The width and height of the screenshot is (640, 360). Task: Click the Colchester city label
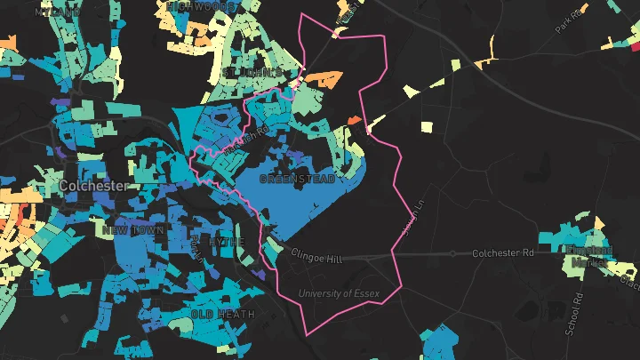(95, 186)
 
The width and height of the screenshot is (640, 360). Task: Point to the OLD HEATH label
(222, 315)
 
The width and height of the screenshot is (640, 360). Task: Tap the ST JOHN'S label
(253, 70)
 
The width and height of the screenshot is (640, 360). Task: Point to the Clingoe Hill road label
(316, 259)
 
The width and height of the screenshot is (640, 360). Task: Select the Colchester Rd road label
(502, 253)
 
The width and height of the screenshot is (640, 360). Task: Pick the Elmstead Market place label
(587, 257)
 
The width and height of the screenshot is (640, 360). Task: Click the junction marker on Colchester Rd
(452, 254)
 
